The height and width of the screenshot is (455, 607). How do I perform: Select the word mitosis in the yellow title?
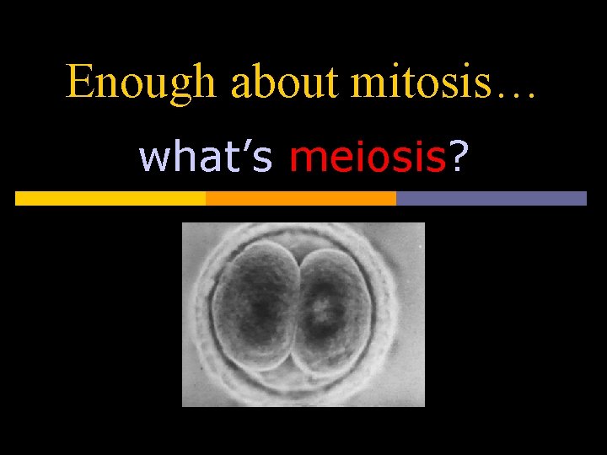[x=412, y=82]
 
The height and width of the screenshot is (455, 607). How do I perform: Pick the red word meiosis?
[x=367, y=158]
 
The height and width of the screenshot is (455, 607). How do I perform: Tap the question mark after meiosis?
[x=457, y=158]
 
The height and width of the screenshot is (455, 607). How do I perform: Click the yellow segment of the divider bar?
[x=110, y=198]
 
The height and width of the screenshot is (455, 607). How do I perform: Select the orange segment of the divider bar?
[x=301, y=198]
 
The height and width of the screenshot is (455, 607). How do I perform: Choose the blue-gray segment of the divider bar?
[x=491, y=198]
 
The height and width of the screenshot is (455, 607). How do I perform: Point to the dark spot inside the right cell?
[x=320, y=312]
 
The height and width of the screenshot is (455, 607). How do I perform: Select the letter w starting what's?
[x=153, y=159]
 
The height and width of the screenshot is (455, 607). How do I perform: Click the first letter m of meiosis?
[x=305, y=159]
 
